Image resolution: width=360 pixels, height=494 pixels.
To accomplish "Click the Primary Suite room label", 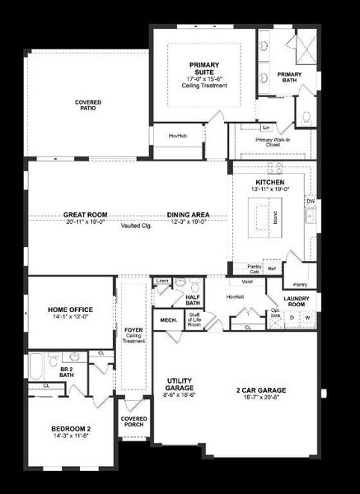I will (x=202, y=69).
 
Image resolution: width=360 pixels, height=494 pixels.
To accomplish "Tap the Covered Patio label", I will (x=88, y=106).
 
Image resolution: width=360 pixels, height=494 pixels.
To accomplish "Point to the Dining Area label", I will (x=189, y=215).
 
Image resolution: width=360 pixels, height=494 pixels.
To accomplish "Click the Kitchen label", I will (x=269, y=182).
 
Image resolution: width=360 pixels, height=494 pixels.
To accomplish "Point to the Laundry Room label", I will (x=296, y=301).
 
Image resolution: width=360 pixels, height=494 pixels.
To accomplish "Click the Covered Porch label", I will (x=133, y=422).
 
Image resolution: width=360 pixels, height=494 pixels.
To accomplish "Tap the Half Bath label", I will (x=194, y=300).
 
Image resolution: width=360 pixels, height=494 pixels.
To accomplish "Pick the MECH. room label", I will (x=168, y=319).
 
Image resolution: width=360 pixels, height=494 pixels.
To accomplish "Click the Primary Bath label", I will (x=289, y=77).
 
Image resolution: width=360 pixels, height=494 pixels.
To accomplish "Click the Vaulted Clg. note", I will (x=133, y=225).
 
